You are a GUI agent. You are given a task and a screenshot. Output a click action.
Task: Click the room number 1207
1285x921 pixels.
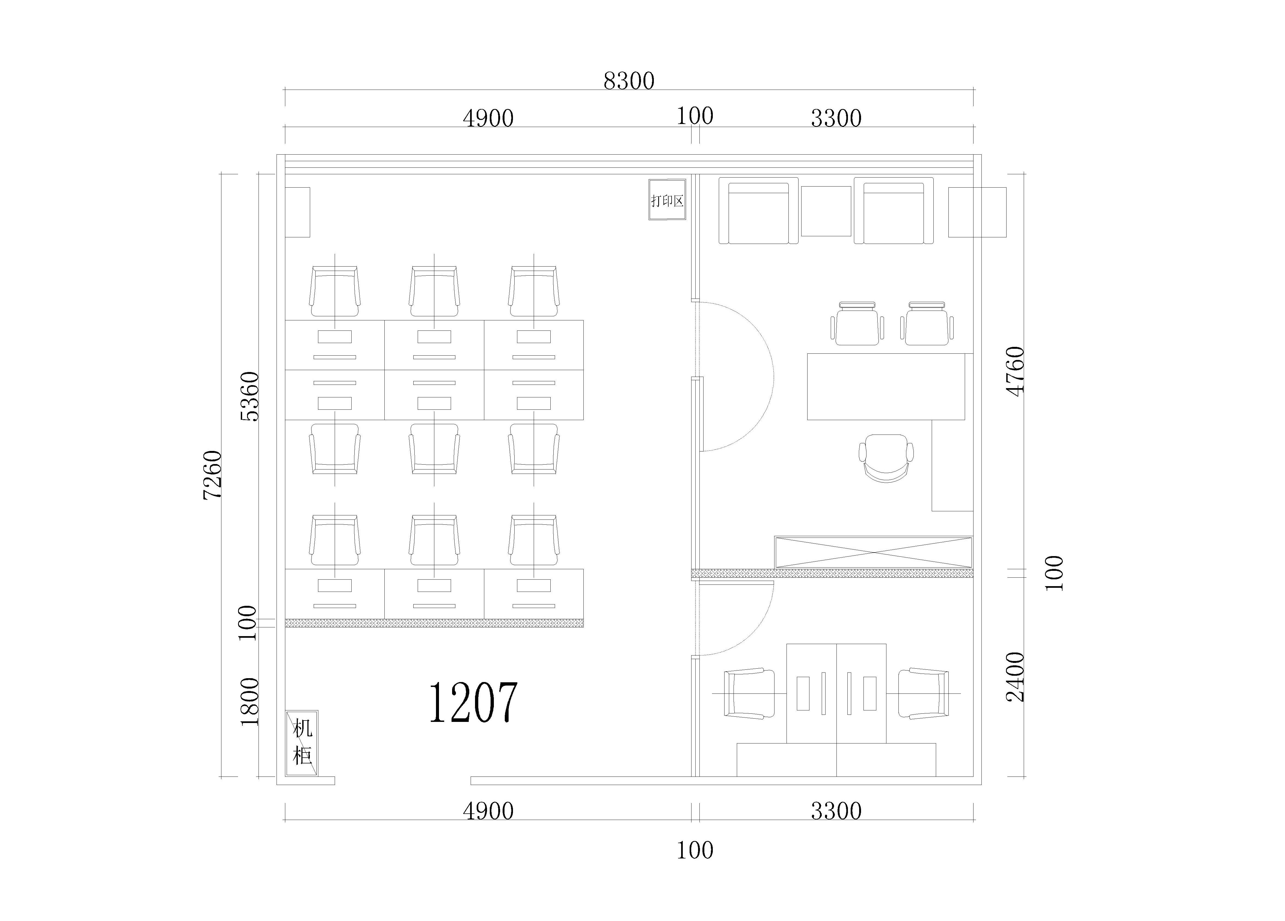473,703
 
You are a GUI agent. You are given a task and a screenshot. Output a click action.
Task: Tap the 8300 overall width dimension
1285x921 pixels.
629,81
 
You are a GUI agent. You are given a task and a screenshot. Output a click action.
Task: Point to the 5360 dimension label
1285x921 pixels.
249,396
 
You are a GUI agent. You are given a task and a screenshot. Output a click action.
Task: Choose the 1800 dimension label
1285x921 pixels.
249,702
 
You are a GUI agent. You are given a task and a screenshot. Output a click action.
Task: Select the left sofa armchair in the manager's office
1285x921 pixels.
759,211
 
